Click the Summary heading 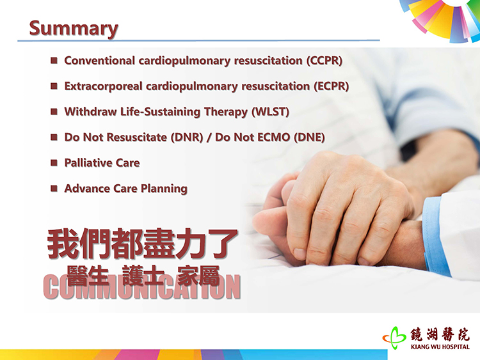coord(74,28)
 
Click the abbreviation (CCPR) coord(324,61)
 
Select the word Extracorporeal coord(103,86)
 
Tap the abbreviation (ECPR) coord(332,86)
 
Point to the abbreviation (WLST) coord(271,112)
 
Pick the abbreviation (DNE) coord(309,137)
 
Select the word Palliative coord(88,162)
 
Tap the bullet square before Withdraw coord(54,111)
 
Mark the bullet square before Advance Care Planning coord(54,188)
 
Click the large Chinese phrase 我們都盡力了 coord(142,244)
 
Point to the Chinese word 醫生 coord(88,276)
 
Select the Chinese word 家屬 coord(198,276)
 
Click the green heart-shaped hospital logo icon coord(394,338)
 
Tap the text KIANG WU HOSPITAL coord(440,347)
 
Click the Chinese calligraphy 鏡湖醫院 coord(440,334)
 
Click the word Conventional coord(99,61)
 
